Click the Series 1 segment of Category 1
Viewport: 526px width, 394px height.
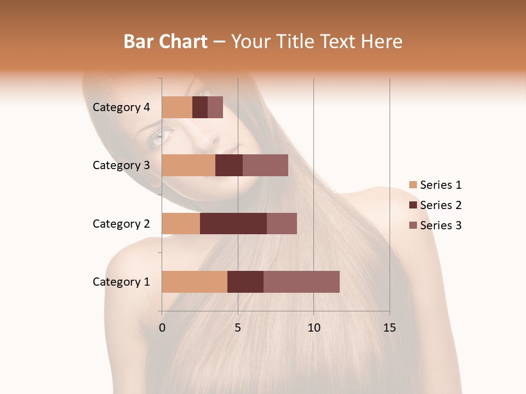(x=195, y=282)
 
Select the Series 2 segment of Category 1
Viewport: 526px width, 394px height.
(x=245, y=282)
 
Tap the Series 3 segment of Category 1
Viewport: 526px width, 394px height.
(x=301, y=282)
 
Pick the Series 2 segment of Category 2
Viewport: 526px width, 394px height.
(x=233, y=223)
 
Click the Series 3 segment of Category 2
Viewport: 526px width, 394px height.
(x=282, y=223)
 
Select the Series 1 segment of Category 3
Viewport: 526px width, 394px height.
(x=188, y=165)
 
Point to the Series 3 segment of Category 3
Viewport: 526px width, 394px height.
(x=265, y=165)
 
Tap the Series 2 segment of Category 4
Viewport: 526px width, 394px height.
(x=200, y=107)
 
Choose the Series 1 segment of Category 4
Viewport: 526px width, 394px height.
(x=177, y=107)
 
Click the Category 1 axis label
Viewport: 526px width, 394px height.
(x=121, y=282)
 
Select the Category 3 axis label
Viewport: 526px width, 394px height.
(x=121, y=165)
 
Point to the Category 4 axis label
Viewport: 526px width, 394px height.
(x=121, y=107)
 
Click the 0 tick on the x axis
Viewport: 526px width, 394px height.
(x=162, y=328)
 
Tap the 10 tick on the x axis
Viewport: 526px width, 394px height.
(x=313, y=328)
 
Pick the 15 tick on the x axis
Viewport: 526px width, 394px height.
(x=390, y=328)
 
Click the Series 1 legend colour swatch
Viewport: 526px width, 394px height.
(x=413, y=185)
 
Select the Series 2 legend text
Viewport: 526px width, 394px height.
(x=441, y=205)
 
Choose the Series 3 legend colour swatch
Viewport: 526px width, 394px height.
(x=413, y=225)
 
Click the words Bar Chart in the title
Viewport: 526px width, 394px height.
(x=165, y=41)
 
